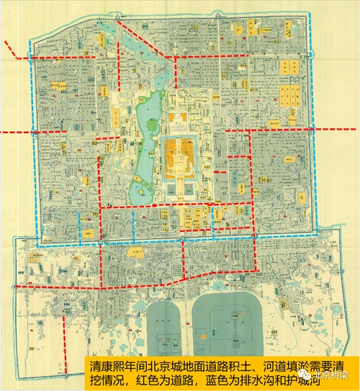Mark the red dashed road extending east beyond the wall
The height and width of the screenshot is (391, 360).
[x=336, y=130]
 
